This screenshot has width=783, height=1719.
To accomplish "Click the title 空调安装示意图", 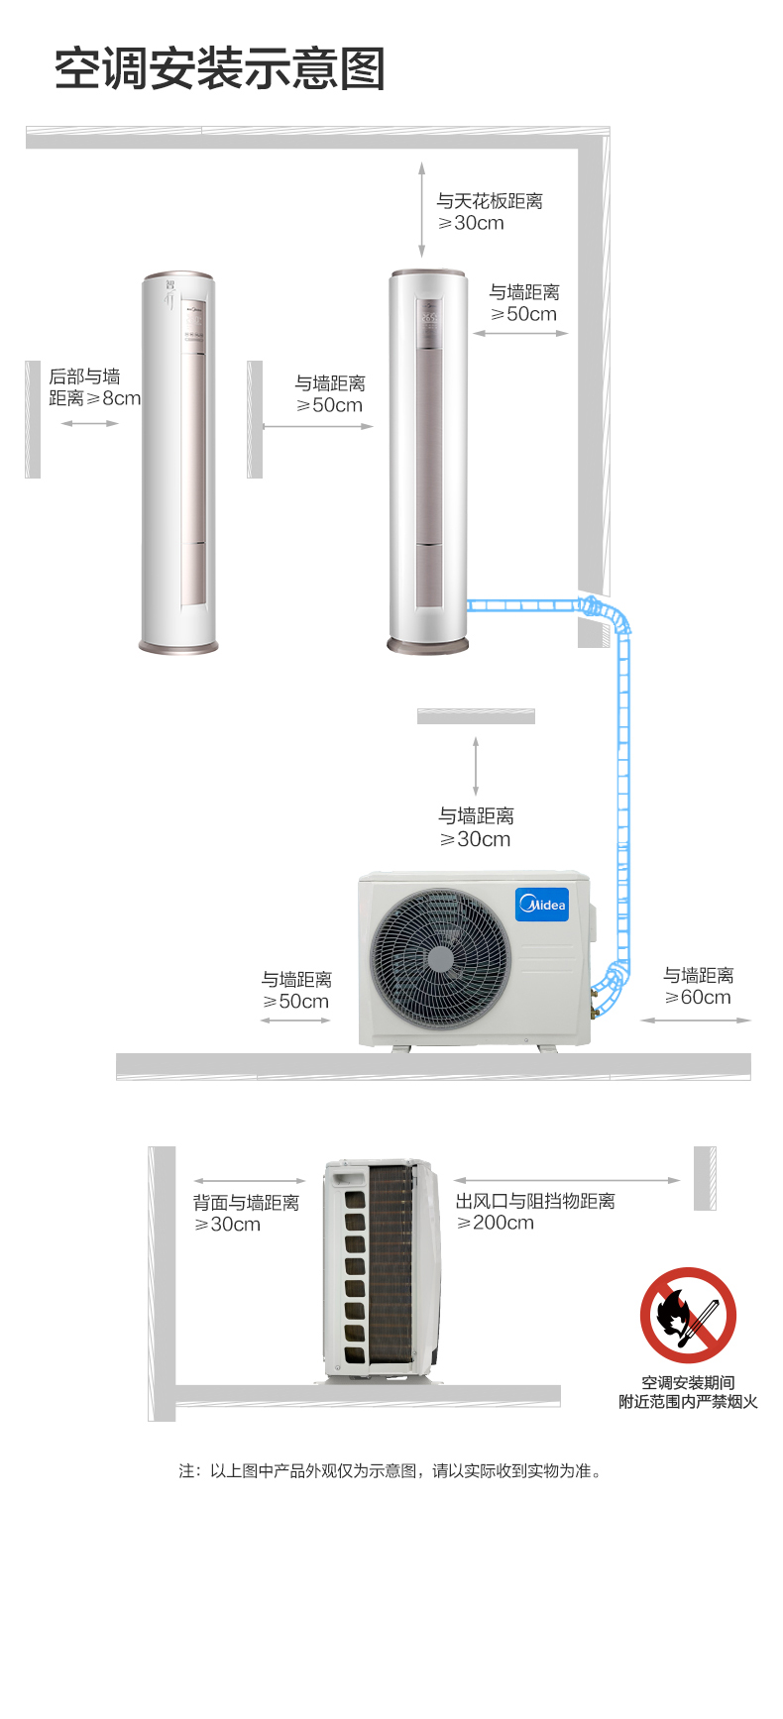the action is [220, 69].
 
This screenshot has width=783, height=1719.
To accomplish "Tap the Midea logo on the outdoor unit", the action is [542, 905].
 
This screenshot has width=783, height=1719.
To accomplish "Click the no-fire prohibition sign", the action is [688, 1315].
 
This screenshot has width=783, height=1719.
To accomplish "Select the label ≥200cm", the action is [495, 1224].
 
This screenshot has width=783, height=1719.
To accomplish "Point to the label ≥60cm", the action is [698, 998].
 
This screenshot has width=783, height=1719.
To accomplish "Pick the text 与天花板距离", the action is [490, 201].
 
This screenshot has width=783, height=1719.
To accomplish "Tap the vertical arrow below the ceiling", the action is [421, 210].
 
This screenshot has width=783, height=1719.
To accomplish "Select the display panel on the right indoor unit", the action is [429, 323].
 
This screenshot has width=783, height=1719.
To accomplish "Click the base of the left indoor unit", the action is [178, 646].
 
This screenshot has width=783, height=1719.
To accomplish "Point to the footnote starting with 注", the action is [391, 1471].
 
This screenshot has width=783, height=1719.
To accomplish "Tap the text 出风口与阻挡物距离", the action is [535, 1201].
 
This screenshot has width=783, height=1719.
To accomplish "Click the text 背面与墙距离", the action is [246, 1203].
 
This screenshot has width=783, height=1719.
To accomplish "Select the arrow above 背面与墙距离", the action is [250, 1181].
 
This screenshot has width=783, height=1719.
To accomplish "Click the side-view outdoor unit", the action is [382, 1270].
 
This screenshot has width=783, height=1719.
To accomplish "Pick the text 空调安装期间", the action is [688, 1383].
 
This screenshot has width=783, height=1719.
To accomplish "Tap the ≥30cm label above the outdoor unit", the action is [475, 839].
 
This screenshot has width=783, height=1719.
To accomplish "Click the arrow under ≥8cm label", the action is [89, 423].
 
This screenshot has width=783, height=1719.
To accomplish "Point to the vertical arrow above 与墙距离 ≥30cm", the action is [476, 766].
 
